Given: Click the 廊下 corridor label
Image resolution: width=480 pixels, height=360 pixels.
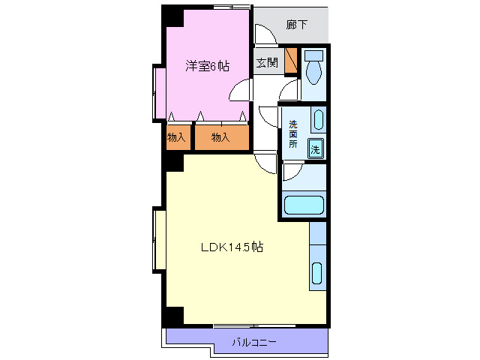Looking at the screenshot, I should [297, 25].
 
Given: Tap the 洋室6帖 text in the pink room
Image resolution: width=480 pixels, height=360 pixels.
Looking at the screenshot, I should [207, 66].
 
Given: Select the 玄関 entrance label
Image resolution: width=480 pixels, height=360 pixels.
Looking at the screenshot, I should [266, 63].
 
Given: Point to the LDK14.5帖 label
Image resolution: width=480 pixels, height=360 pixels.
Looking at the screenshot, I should [230, 246].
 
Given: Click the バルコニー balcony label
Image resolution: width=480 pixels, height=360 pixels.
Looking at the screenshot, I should [253, 342].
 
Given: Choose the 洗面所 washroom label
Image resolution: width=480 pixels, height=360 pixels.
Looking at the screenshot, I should [293, 133].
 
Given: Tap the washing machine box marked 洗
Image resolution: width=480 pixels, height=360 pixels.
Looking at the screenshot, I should [316, 148].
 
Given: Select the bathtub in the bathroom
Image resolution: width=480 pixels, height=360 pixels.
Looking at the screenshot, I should [303, 205].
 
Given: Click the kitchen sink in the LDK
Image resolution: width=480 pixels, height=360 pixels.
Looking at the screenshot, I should [317, 275].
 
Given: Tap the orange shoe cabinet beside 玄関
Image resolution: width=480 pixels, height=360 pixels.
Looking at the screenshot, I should [292, 63].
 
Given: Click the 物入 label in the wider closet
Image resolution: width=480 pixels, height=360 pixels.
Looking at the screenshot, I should [220, 137].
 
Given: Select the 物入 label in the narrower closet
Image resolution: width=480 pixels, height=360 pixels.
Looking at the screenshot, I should [175, 137].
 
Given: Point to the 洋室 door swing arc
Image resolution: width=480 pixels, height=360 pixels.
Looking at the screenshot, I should [240, 89].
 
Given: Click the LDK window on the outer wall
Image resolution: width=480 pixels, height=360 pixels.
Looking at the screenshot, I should [159, 240].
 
